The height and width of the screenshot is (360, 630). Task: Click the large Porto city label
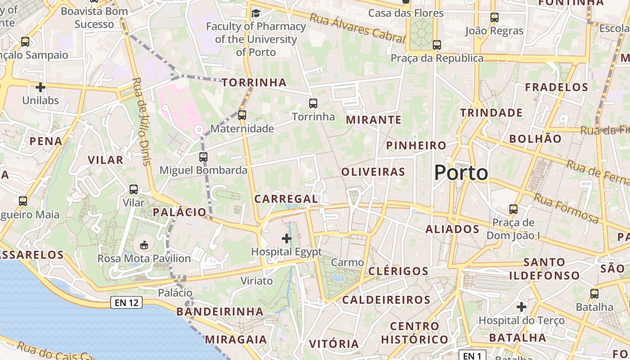[461, 173]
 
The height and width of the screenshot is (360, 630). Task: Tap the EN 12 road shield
[126, 302]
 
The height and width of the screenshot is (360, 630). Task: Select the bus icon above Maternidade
[242, 115]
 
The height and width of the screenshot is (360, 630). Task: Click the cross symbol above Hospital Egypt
[286, 238]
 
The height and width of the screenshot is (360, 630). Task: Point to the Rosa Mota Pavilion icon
[144, 245]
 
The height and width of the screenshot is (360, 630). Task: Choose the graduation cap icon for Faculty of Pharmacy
[256, 13]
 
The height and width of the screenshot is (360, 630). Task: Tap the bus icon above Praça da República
[436, 45]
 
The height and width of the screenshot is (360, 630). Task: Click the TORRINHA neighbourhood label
[254, 82]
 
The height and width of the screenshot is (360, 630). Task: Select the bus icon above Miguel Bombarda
[203, 157]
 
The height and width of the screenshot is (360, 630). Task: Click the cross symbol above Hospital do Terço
[521, 307]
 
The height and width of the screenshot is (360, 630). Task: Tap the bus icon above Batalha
[594, 294]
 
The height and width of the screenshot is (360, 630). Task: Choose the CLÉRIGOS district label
[398, 271]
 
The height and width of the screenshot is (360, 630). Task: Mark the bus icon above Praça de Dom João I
[513, 209]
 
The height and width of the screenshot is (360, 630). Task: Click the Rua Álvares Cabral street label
[358, 28]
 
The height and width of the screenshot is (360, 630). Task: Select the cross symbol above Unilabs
[40, 87]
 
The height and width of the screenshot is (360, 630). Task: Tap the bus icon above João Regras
[494, 18]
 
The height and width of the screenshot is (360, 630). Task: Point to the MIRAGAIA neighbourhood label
[236, 339]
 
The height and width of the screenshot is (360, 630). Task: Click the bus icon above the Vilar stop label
[134, 189]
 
